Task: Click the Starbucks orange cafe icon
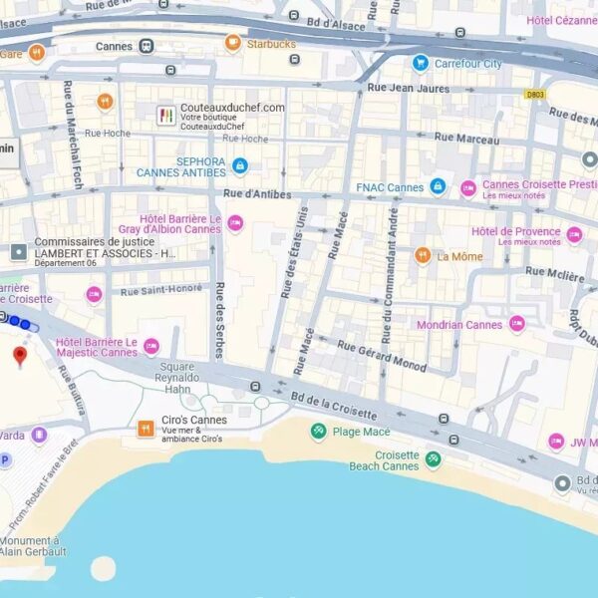[x=233, y=43]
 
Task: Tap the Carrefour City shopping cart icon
[x=421, y=63]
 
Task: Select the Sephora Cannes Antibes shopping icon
[x=239, y=165]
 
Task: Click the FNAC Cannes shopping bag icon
[x=438, y=186]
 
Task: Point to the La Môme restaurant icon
[x=423, y=255]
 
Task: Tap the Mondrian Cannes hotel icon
[x=516, y=324]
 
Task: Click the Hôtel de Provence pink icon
[x=574, y=235]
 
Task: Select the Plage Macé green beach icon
[x=318, y=432]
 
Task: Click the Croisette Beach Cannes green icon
[x=433, y=459]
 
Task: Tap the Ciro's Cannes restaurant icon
[x=146, y=429]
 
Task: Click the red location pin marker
[x=19, y=356]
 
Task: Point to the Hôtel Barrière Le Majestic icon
[x=151, y=346]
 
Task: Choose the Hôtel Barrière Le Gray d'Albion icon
[x=235, y=223]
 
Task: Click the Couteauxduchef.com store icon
[x=165, y=116]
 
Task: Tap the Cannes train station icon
[x=147, y=46]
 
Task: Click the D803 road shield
[x=535, y=95]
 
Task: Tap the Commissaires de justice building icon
[x=19, y=252]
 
